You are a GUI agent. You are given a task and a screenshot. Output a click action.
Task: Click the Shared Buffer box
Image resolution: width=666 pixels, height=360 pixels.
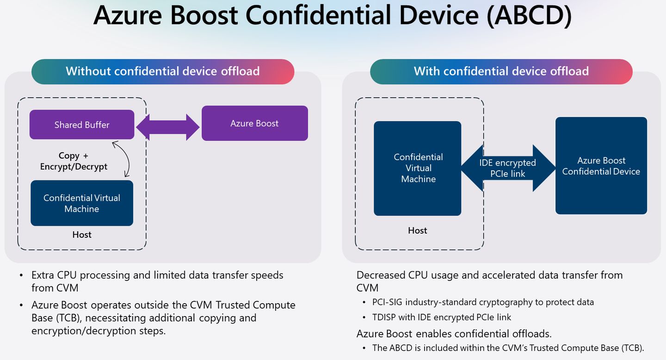pos(82,124)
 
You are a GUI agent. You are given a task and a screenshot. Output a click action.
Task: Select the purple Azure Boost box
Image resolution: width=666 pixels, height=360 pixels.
pos(254,123)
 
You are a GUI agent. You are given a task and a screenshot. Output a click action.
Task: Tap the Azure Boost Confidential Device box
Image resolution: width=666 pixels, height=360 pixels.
pos(601,166)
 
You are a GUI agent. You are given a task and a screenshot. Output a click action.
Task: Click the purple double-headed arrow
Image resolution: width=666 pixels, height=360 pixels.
pos(167,127)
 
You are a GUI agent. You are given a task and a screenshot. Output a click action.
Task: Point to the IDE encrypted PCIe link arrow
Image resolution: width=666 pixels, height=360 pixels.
pos(508,168)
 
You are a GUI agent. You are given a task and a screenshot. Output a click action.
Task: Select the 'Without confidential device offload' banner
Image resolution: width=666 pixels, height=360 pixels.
pos(163,71)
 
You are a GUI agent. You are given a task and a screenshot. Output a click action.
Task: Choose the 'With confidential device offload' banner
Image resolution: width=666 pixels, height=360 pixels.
pos(501,71)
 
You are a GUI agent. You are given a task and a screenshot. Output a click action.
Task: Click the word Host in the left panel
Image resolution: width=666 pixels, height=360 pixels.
pos(82,235)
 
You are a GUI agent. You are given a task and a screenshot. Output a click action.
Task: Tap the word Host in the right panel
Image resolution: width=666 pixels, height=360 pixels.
pos(418,230)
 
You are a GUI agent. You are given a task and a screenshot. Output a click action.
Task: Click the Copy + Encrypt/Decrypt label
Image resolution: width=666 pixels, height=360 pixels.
pos(74,161)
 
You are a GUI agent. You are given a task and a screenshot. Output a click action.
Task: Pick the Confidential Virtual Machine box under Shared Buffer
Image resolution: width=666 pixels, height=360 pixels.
pos(82,203)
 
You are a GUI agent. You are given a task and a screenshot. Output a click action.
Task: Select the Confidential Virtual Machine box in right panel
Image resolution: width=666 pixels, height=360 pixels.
pos(418,168)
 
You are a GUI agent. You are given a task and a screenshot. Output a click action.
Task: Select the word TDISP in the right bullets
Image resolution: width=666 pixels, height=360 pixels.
pos(385,317)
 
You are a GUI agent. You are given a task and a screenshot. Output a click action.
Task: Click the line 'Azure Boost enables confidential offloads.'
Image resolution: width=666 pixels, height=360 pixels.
pos(454,333)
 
